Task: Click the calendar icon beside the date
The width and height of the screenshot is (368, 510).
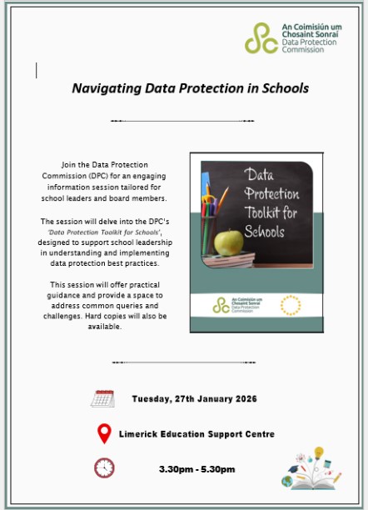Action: coord(102,398)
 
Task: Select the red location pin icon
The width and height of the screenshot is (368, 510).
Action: coord(104,433)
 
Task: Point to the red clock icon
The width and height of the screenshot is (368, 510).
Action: coord(104,467)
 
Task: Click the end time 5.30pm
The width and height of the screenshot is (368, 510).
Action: coord(216,469)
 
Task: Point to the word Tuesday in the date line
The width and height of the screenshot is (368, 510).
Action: coord(152,399)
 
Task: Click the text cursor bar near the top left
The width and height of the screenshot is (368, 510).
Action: coord(37,70)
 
